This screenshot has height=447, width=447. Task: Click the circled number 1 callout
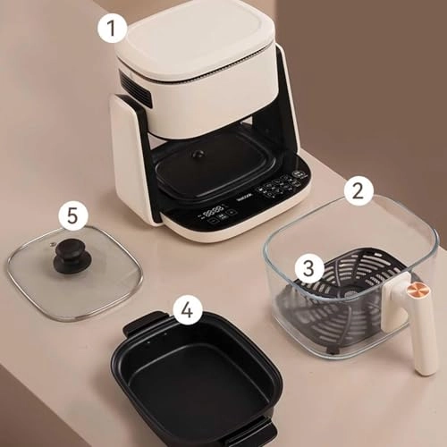pos(111,29)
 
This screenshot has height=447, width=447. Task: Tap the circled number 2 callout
pos(358,190)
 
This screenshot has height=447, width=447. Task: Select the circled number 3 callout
pos(309,266)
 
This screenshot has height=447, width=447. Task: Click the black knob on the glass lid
pos(72,256)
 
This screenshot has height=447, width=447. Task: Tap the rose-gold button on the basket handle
pos(417,291)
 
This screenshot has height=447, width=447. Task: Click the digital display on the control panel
pos(213,214)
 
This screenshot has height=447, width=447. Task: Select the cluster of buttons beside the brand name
pos(280,186)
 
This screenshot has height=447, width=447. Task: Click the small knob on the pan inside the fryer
pos(198,154)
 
